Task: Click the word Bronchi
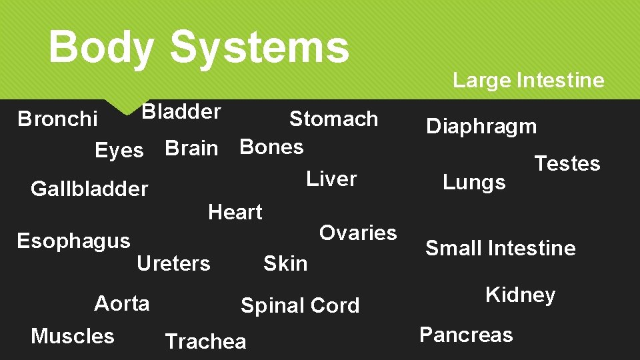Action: click(x=57, y=119)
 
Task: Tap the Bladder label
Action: click(x=181, y=111)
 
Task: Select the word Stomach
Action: click(x=333, y=119)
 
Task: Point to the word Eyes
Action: click(x=119, y=151)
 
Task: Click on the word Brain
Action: click(x=191, y=148)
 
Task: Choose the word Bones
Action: click(x=271, y=146)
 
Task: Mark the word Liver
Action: click(x=331, y=179)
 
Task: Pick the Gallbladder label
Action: click(x=89, y=189)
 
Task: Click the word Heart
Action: click(x=235, y=212)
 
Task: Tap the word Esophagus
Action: click(x=73, y=241)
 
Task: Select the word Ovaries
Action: click(x=358, y=233)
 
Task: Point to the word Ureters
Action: click(x=173, y=264)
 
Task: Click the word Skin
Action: click(x=285, y=263)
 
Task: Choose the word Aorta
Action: click(x=122, y=303)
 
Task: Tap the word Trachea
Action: click(x=205, y=341)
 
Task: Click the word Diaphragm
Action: click(x=481, y=126)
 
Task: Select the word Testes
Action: click(x=567, y=163)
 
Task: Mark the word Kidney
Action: click(x=520, y=295)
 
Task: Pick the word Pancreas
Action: click(x=466, y=334)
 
